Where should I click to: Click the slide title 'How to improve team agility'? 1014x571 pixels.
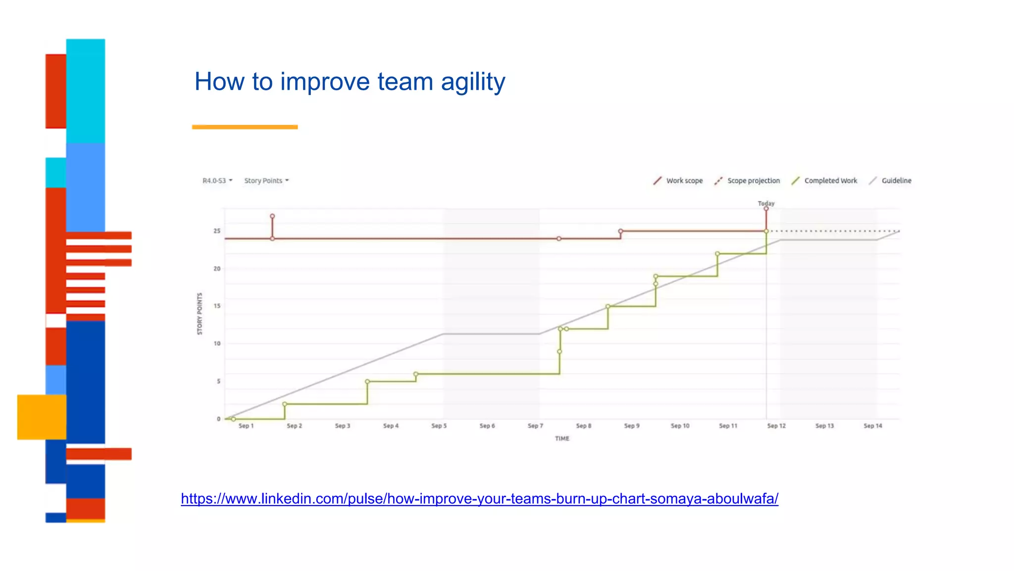tap(350, 82)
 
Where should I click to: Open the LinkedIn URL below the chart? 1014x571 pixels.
tap(479, 499)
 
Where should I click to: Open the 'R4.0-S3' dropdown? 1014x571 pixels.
tap(217, 181)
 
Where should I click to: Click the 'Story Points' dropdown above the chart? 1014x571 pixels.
tap(266, 181)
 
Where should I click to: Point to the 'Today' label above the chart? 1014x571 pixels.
tap(766, 203)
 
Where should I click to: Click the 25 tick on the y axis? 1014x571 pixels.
tap(217, 231)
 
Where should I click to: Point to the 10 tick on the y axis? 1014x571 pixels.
tap(217, 343)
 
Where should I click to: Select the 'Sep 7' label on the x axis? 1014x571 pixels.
tap(535, 426)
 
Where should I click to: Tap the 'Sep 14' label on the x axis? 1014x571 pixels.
tap(872, 426)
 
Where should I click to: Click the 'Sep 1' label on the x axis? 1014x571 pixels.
tap(246, 426)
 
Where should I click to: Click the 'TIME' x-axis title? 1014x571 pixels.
tap(562, 439)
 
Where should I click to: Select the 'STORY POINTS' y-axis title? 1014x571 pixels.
tap(200, 314)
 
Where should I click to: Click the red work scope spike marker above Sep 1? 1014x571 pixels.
tap(272, 217)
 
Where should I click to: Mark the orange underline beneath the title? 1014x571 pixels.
tap(245, 127)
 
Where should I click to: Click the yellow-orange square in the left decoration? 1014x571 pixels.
tap(42, 417)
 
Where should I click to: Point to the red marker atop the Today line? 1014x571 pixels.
tap(766, 209)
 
